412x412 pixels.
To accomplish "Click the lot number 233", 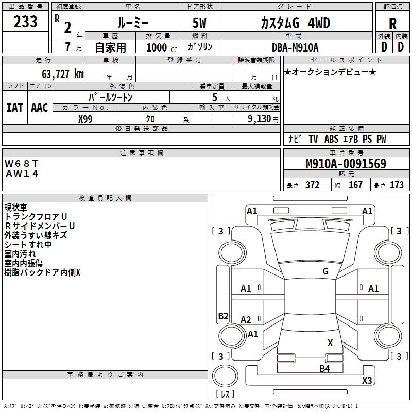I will point(25,22).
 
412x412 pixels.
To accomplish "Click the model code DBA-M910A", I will point(295,47).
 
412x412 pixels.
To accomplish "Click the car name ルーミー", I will point(132,23).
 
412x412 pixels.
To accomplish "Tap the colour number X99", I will point(85,118).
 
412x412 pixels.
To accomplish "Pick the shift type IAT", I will point(14,107).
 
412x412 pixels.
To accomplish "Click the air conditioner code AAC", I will point(39,107).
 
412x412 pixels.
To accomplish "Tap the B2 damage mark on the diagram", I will point(223,316).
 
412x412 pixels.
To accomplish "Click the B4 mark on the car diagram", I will point(324,368).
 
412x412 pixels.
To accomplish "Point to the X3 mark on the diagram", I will point(367,381).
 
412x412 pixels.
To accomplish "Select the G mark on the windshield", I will point(325,271).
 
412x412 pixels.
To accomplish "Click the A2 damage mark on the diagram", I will point(246,320).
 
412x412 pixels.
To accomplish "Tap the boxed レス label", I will point(225,394).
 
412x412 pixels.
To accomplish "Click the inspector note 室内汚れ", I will point(20,254).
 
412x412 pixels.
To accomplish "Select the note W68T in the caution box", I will point(22,163).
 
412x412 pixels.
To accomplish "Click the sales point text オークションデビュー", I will point(330,72).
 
